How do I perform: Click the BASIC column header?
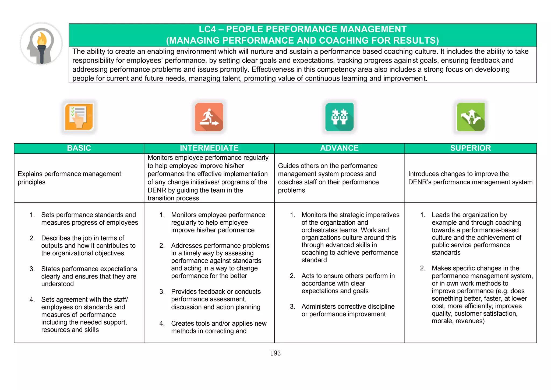pyautogui.click(x=79, y=148)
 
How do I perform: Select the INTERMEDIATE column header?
pyautogui.click(x=209, y=148)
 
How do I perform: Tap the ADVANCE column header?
pyautogui.click(x=339, y=148)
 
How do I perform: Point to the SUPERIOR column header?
pyautogui.click(x=471, y=148)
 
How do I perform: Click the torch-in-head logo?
pyautogui.click(x=41, y=44)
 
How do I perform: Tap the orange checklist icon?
pyautogui.click(x=79, y=117)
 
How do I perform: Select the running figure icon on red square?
pyautogui.click(x=209, y=117)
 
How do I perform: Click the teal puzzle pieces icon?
pyautogui.click(x=339, y=117)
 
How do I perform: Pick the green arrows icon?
pyautogui.click(x=471, y=117)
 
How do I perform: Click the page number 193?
pyautogui.click(x=275, y=353)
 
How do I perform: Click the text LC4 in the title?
pyautogui.click(x=207, y=29)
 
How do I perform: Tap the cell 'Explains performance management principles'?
pyautogui.click(x=69, y=178)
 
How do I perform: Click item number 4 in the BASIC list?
pyautogui.click(x=32, y=300)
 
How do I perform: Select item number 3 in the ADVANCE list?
pyautogui.click(x=292, y=307)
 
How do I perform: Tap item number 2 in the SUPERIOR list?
pyautogui.click(x=423, y=268)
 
